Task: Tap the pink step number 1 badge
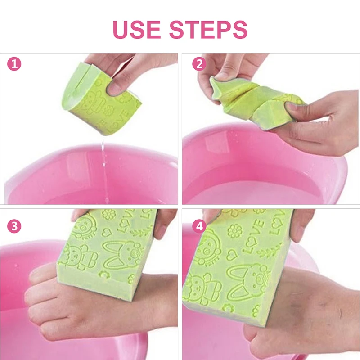[14, 64]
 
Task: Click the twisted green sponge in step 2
[252, 101]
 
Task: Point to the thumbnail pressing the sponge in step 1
[113, 89]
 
